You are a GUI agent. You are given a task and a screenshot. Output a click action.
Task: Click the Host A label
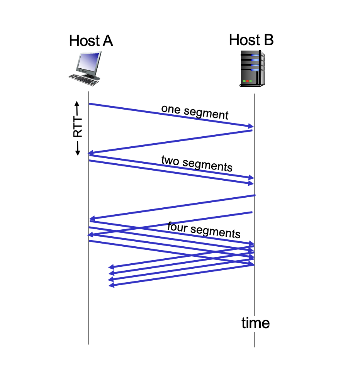coord(91,41)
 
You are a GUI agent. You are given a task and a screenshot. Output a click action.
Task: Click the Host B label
coord(251,40)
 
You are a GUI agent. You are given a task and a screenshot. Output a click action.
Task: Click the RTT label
coord(78,128)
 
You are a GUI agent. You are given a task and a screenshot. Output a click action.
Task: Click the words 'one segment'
coord(195,112)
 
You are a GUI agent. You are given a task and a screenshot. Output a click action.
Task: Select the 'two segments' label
coord(197,163)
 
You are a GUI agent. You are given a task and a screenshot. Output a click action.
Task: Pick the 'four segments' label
coord(204,230)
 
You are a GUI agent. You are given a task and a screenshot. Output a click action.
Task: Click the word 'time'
coord(255,323)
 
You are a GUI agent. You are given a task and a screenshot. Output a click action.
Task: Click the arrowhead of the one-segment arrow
coord(250,126)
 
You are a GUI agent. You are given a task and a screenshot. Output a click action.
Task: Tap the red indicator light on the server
coord(247,81)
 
